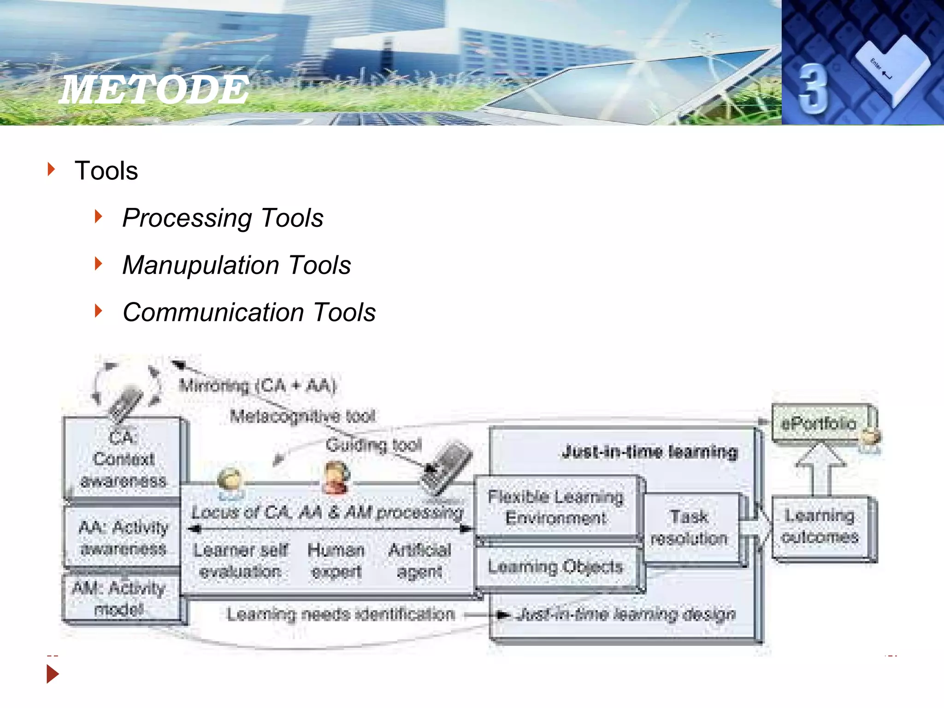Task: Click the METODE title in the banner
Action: (154, 89)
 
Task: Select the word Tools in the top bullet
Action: (106, 171)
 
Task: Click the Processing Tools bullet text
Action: (223, 218)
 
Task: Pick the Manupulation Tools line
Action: (236, 265)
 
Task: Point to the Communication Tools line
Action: (249, 313)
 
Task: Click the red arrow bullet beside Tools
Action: (51, 169)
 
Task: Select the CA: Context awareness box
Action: (123, 458)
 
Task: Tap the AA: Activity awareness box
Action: (123, 537)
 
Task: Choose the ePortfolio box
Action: (819, 423)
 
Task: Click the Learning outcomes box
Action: (820, 526)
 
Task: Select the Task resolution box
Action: (689, 527)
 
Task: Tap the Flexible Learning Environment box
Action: (556, 507)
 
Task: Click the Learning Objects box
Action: (556, 567)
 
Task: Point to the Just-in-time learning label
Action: (650, 452)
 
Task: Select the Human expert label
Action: (336, 560)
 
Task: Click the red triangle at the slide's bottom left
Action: (53, 674)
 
